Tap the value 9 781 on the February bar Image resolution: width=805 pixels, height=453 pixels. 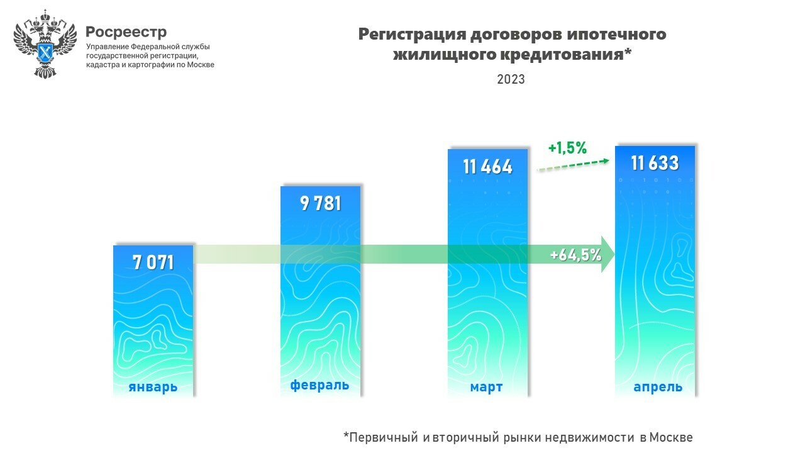click(320, 204)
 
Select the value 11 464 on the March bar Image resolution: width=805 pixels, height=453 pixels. click(487, 167)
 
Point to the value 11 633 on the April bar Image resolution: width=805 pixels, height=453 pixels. click(655, 164)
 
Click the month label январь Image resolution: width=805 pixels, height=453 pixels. click(153, 387)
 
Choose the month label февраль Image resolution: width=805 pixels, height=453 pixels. click(319, 385)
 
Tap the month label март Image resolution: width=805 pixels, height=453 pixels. click(486, 387)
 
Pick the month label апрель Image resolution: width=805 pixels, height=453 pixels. click(658, 387)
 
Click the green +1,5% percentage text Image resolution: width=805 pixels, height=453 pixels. click(567, 148)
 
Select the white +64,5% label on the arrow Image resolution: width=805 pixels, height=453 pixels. click(575, 255)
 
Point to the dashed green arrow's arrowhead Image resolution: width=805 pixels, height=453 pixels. click(605, 161)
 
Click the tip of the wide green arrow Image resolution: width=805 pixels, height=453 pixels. click(613, 254)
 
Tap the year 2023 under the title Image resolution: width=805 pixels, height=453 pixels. click(511, 80)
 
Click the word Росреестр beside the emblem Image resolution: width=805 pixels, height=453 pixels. click(126, 32)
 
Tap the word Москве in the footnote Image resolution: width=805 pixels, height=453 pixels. click(671, 437)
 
